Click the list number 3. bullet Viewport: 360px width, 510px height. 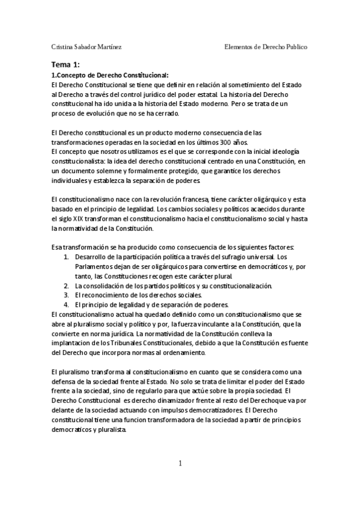pos(67,295)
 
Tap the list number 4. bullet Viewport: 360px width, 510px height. pos(67,304)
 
